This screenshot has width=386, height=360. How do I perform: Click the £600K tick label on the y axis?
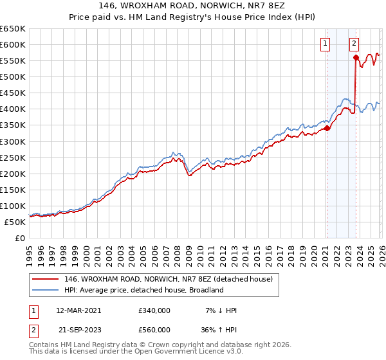13,44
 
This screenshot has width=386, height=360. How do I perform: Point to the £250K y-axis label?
13,157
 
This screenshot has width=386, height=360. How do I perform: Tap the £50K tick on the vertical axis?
15,222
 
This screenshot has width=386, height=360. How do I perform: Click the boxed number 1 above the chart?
326,44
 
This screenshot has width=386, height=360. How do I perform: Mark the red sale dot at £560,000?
356,58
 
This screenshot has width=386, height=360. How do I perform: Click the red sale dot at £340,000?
327,128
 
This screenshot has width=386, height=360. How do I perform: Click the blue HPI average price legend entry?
143,290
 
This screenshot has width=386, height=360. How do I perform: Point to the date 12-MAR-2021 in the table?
78,310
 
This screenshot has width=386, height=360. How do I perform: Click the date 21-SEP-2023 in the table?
78,330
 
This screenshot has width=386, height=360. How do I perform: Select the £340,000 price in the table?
154,310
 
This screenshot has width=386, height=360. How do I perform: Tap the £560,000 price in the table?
154,330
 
